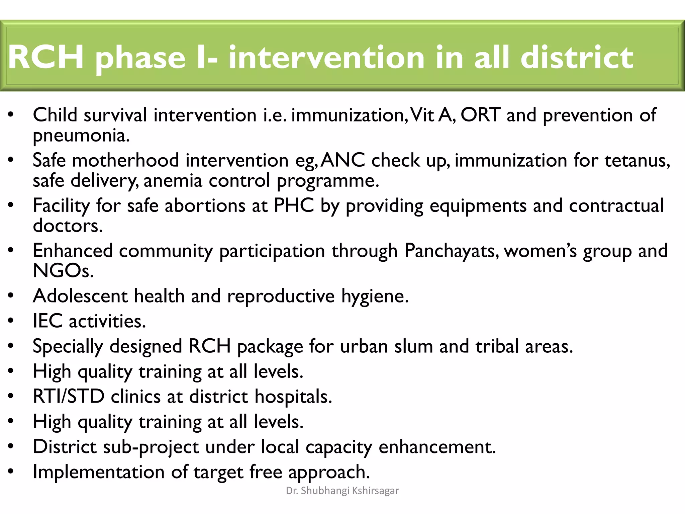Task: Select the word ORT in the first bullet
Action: pos(481,115)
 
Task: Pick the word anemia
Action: pos(173,181)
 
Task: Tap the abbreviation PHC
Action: pos(294,205)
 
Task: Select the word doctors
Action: pos(68,226)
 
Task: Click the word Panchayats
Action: pos(452,251)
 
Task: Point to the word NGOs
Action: pos(63,271)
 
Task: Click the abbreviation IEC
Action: pos(47,321)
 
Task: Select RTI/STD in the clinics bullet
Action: pos(69,397)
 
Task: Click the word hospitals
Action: pos(293,397)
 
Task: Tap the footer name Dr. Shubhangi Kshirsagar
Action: pos(342,491)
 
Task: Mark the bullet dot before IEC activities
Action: pos(11,322)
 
